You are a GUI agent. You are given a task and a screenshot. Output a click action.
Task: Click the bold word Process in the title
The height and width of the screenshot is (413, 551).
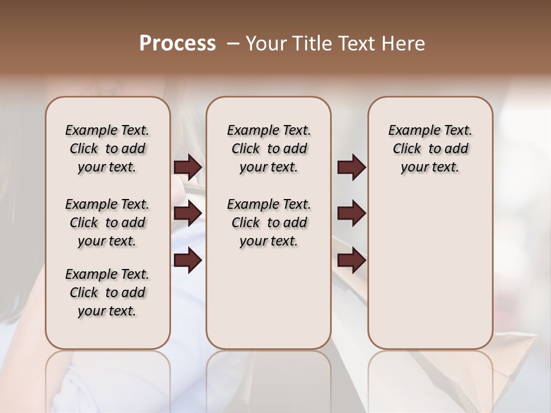[x=177, y=44]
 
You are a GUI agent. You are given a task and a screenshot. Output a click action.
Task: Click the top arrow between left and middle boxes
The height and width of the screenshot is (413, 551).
[x=188, y=167]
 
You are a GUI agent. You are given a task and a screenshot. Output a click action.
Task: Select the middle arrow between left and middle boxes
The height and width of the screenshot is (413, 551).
[x=188, y=213]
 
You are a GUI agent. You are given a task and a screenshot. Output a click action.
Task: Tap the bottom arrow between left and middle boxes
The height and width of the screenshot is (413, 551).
[x=188, y=260]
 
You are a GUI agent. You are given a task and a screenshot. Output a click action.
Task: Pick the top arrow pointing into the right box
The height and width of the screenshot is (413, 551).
[x=351, y=167]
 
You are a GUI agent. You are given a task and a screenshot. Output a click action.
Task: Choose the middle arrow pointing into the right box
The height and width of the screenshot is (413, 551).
[x=351, y=213]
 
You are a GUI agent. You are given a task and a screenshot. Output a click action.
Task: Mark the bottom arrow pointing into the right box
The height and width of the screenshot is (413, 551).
[x=351, y=260]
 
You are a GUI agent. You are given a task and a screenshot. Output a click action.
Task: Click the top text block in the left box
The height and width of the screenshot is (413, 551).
[x=107, y=149]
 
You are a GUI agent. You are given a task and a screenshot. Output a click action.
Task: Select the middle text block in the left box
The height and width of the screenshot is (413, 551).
[x=107, y=223]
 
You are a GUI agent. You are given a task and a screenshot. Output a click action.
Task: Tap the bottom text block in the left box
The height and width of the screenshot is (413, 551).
[x=107, y=293]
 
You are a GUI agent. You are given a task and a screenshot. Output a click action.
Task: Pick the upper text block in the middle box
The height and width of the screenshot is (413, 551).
[x=269, y=149]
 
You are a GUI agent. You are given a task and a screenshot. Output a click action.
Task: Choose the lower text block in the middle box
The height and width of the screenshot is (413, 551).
[x=269, y=223]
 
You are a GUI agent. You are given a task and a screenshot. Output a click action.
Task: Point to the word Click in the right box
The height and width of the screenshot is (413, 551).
[x=407, y=149]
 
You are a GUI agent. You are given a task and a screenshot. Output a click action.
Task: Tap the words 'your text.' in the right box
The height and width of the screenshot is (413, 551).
[x=430, y=167]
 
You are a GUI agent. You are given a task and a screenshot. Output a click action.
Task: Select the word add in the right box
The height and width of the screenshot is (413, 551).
[x=456, y=149]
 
